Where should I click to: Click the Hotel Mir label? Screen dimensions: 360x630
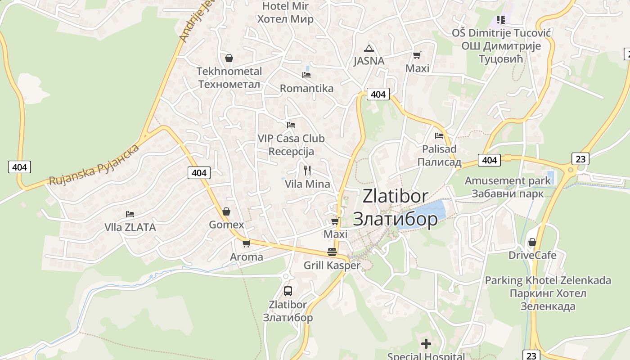pyautogui.click(x=285, y=6)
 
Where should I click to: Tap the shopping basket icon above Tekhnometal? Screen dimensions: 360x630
pyautogui.click(x=229, y=58)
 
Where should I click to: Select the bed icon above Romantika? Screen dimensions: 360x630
pyautogui.click(x=306, y=75)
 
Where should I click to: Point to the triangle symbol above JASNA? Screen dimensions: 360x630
pyautogui.click(x=369, y=48)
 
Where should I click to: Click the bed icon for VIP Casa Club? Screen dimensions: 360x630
pyautogui.click(x=291, y=125)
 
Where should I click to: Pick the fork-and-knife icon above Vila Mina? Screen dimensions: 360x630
pyautogui.click(x=307, y=170)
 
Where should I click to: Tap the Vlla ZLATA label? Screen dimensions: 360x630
pyautogui.click(x=130, y=227)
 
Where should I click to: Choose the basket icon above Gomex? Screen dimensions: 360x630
pyautogui.click(x=226, y=211)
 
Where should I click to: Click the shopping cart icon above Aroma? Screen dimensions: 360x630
pyautogui.click(x=246, y=243)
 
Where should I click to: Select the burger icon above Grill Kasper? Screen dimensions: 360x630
pyautogui.click(x=332, y=252)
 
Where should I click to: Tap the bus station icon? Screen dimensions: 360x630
pyautogui.click(x=288, y=291)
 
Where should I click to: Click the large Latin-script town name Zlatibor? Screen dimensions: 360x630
pyautogui.click(x=396, y=196)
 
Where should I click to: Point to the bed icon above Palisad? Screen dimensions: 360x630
pyautogui.click(x=439, y=135)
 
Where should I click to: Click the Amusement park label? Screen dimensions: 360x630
pyautogui.click(x=508, y=181)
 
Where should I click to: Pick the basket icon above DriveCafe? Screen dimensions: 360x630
pyautogui.click(x=532, y=242)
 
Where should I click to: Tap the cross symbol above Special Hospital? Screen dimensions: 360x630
pyautogui.click(x=426, y=344)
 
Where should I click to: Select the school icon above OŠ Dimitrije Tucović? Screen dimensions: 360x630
pyautogui.click(x=501, y=19)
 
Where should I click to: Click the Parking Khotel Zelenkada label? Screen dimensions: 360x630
pyautogui.click(x=548, y=280)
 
